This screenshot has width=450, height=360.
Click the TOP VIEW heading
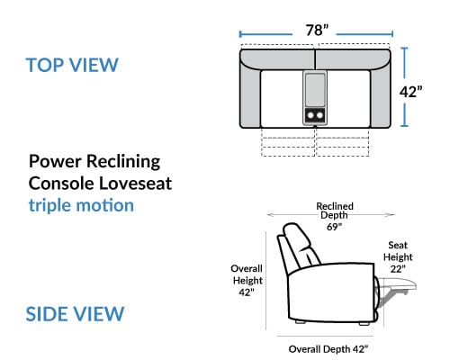click(72, 65)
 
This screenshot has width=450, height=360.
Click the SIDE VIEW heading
click(75, 314)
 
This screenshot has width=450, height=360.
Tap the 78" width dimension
click(317, 30)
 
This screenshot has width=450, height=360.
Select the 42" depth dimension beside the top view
click(410, 92)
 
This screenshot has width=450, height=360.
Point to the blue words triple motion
click(81, 205)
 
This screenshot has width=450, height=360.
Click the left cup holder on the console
click(310, 115)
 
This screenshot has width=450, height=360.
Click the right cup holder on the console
click(319, 115)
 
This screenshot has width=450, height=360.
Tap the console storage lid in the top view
click(315, 89)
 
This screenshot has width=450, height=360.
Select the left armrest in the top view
click(250, 97)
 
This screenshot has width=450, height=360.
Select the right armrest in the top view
click(380, 97)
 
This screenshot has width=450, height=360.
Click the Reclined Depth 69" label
click(334, 216)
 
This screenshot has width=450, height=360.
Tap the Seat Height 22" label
click(398, 257)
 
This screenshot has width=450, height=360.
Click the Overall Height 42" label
click(247, 280)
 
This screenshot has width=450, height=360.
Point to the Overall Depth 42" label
click(328, 349)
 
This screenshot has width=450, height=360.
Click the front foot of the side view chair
click(364, 323)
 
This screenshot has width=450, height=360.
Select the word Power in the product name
click(55, 161)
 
